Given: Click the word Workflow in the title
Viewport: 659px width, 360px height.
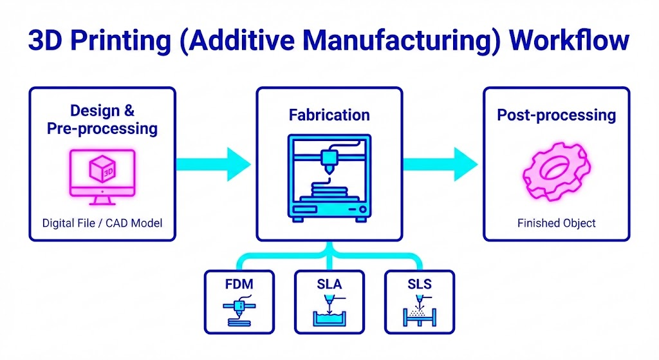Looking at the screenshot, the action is click(x=569, y=41).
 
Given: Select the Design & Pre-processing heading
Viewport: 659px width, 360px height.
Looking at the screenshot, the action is click(x=102, y=119).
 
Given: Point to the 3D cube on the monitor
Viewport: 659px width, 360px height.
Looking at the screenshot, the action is click(x=102, y=169).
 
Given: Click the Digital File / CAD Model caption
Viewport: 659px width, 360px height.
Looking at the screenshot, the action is click(x=102, y=223).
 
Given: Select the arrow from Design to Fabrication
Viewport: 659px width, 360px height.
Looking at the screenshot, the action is click(x=214, y=164).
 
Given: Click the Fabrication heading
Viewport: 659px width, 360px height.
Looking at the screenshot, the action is click(x=329, y=115).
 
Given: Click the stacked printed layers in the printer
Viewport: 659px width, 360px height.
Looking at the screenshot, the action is click(x=329, y=193).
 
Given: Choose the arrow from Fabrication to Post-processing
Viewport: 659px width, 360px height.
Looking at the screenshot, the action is click(x=440, y=164).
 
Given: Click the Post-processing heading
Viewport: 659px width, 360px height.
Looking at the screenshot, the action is click(x=557, y=115).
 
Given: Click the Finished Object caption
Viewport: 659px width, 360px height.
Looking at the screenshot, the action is click(x=557, y=223).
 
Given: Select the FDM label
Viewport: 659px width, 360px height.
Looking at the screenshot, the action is click(x=239, y=284).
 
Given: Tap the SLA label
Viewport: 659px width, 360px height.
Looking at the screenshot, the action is click(x=329, y=284).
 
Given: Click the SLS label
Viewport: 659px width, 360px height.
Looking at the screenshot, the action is click(x=420, y=284).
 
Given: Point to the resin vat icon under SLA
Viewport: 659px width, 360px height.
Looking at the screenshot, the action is click(x=329, y=318).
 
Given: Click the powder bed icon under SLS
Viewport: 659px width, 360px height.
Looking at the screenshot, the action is click(x=420, y=317).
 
